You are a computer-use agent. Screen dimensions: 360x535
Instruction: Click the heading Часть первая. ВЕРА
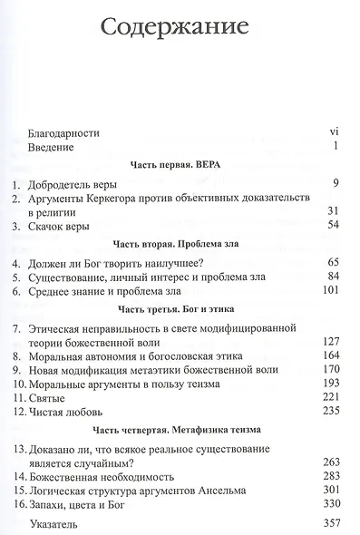(179, 168)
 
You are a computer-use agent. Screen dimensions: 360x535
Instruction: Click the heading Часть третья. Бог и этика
(179, 311)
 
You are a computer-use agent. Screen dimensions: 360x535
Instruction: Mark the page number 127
(328, 343)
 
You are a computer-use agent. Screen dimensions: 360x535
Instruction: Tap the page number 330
(328, 506)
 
